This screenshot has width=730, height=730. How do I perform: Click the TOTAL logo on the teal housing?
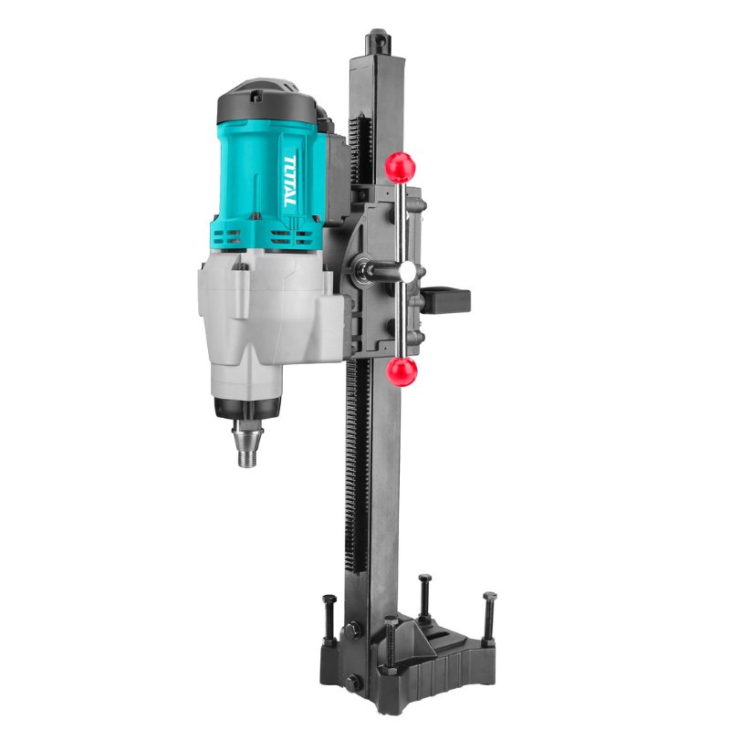[x=289, y=181]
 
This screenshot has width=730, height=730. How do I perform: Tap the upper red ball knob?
[x=400, y=168]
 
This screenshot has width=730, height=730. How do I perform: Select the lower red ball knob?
[x=401, y=371]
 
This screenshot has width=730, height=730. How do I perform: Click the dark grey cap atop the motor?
[x=266, y=103]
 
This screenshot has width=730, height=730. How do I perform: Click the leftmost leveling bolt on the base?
[x=329, y=620]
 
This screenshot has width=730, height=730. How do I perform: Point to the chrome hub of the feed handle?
[x=408, y=271]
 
